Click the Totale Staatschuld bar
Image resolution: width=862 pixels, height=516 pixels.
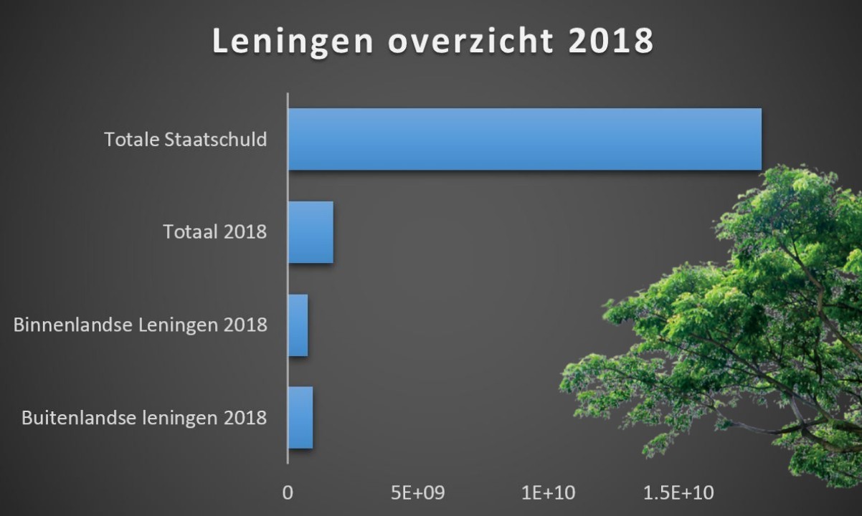pyautogui.click(x=524, y=139)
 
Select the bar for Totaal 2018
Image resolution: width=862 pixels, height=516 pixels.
pyautogui.click(x=311, y=232)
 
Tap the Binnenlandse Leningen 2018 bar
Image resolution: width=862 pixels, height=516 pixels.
pyautogui.click(x=298, y=325)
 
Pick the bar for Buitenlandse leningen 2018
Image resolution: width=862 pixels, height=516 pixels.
pyautogui.click(x=300, y=418)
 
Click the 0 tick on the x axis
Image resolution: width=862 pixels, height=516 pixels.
pyautogui.click(x=288, y=493)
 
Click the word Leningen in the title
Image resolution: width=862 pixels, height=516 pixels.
pyautogui.click(x=293, y=42)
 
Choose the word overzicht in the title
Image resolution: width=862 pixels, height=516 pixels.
pyautogui.click(x=470, y=42)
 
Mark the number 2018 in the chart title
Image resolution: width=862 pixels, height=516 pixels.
pyautogui.click(x=610, y=42)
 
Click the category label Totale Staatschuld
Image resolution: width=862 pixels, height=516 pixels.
pyautogui.click(x=186, y=139)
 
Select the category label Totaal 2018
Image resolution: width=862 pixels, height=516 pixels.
pyautogui.click(x=215, y=232)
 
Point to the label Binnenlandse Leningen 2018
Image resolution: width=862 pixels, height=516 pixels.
pyautogui.click(x=141, y=325)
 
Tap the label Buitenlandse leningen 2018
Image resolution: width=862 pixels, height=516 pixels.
pyautogui.click(x=145, y=418)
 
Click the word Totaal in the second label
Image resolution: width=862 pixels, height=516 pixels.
pyautogui.click(x=189, y=232)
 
